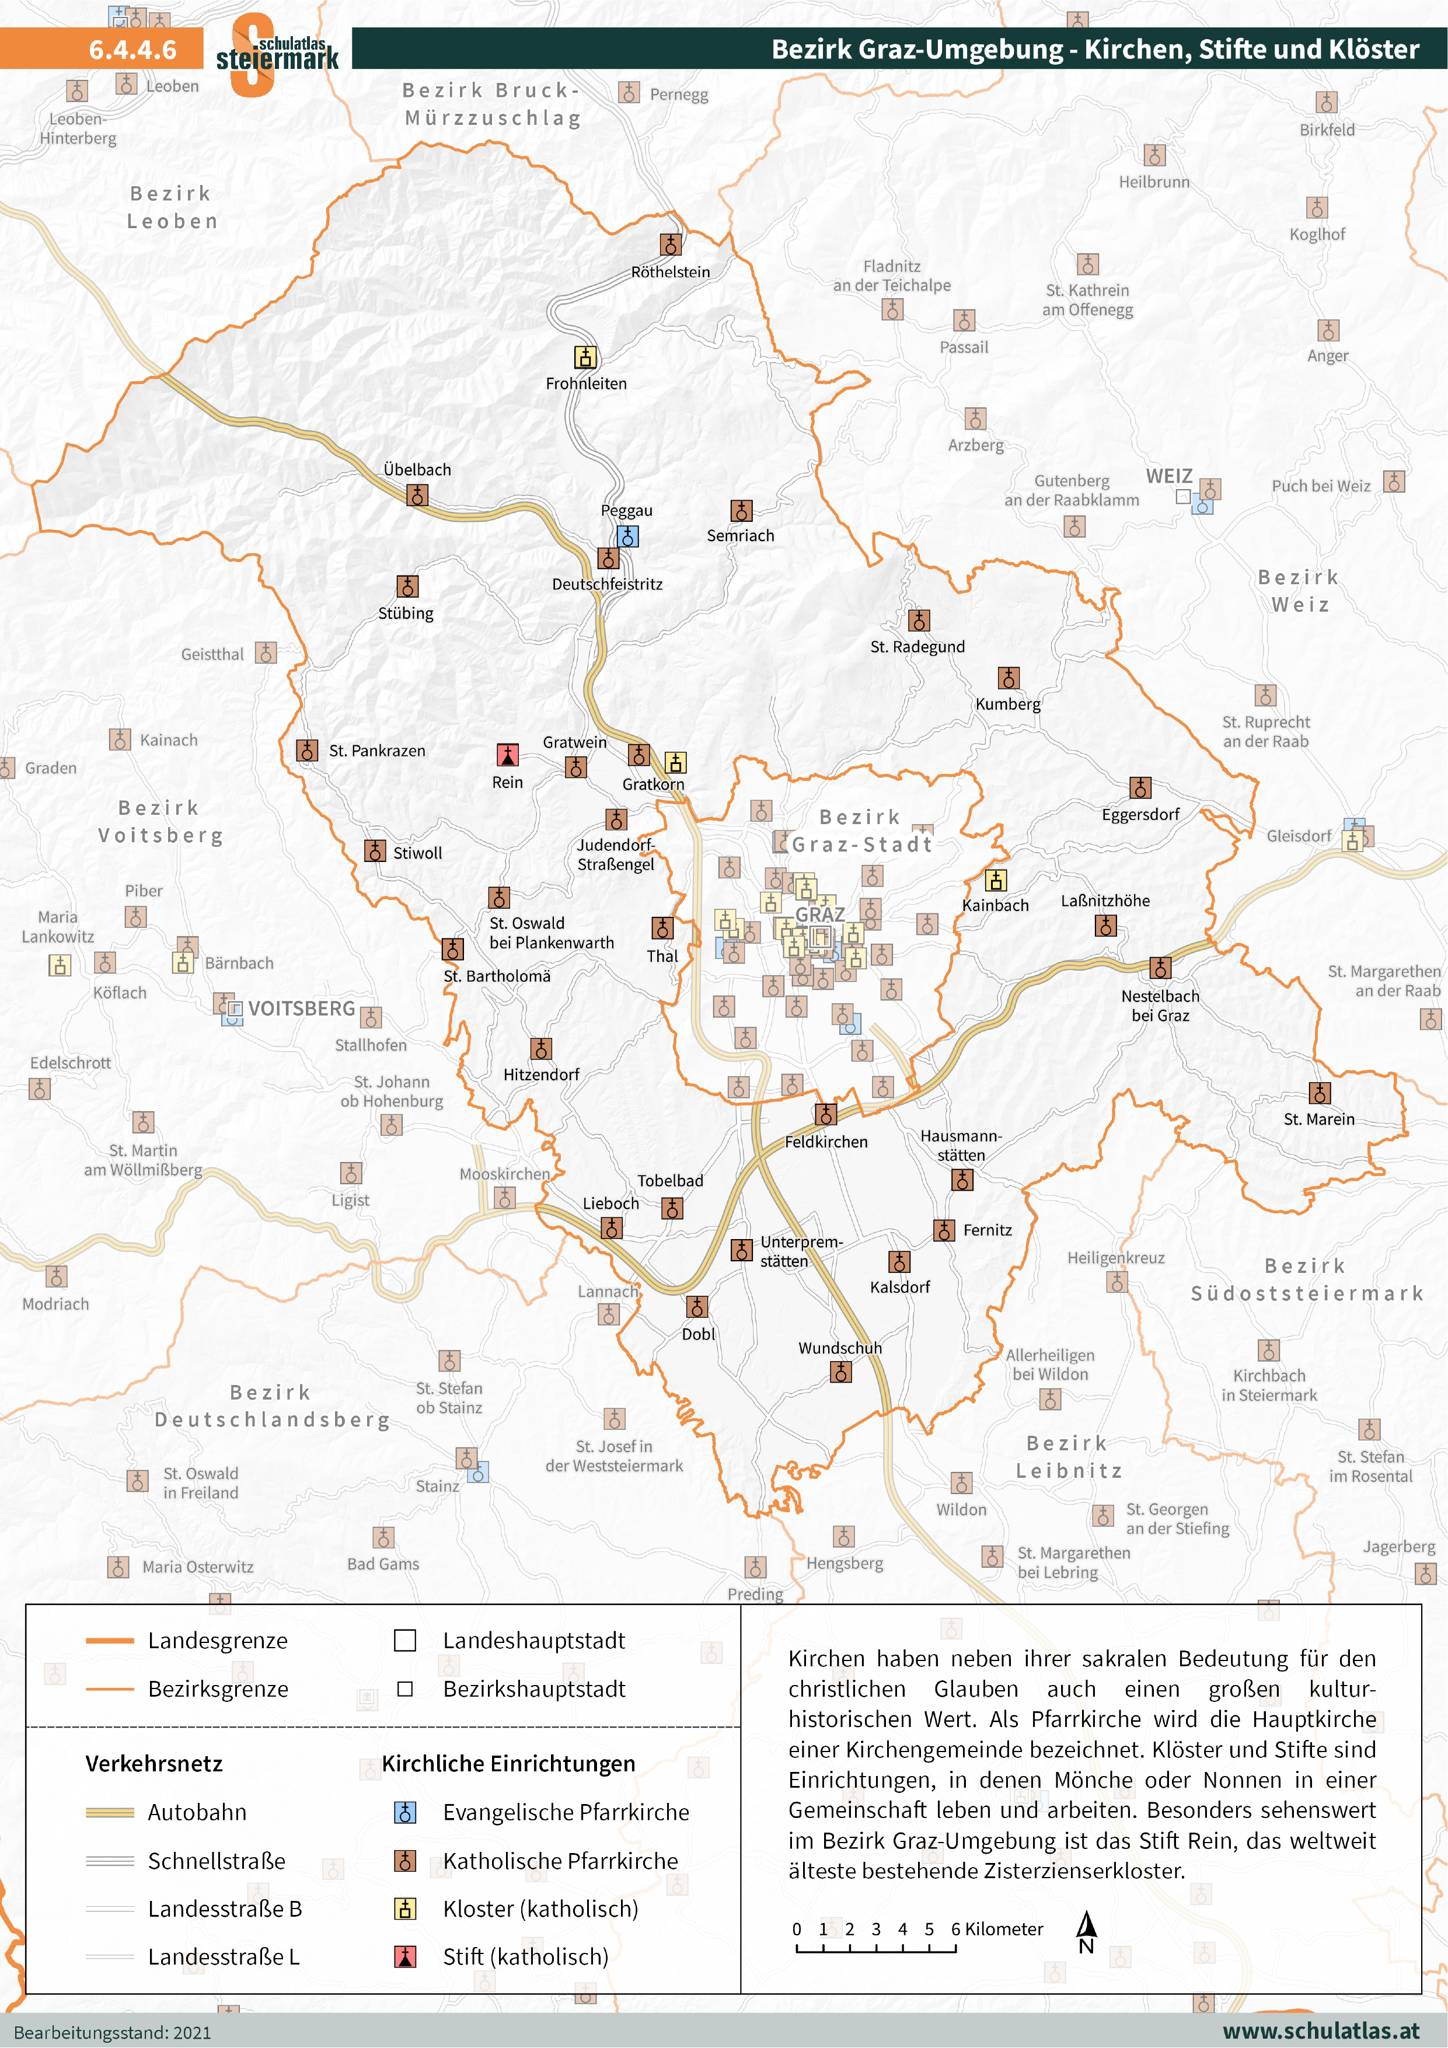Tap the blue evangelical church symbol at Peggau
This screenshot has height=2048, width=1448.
(x=627, y=536)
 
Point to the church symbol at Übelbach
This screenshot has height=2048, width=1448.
(x=417, y=495)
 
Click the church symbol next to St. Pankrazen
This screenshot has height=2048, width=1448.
(x=307, y=750)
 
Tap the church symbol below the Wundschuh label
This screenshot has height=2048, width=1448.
(x=840, y=1372)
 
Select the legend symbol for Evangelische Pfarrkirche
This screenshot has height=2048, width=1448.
(x=405, y=1813)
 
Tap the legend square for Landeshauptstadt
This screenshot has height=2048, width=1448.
(x=405, y=1641)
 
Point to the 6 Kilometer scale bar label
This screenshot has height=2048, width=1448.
(x=997, y=1928)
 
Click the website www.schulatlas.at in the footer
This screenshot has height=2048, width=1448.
(x=1320, y=2031)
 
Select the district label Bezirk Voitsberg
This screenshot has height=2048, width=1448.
(x=160, y=822)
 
